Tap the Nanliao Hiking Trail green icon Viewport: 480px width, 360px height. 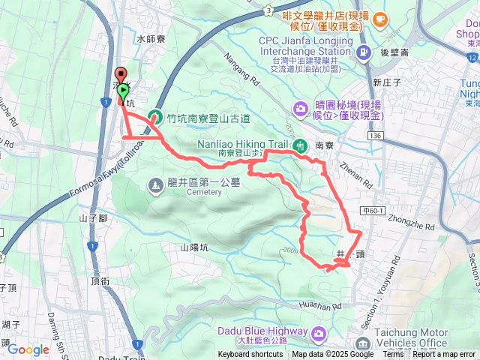[x=300, y=145]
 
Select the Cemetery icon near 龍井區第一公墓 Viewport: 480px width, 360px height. [x=155, y=183]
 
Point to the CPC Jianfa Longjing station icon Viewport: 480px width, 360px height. [x=364, y=52]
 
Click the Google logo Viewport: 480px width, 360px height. [x=28, y=349]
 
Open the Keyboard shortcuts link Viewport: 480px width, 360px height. [x=250, y=355]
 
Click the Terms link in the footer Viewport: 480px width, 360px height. [x=393, y=355]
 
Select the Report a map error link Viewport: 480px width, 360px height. [x=443, y=355]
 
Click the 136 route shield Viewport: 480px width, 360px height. [x=374, y=135]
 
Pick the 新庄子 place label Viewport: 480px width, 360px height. [x=388, y=82]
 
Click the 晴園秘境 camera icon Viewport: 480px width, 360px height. [x=301, y=109]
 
